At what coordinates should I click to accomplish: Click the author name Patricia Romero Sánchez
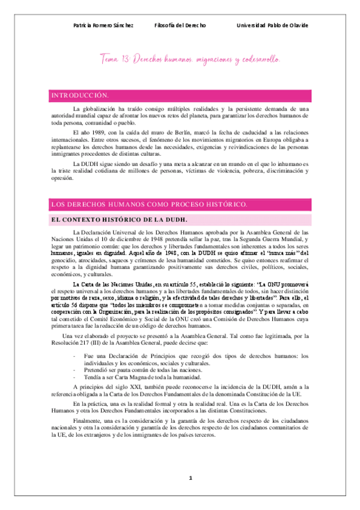(103, 25)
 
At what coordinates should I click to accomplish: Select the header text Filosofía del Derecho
(180, 25)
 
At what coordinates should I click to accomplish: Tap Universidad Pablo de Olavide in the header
(272, 25)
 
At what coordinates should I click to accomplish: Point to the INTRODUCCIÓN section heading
(80, 96)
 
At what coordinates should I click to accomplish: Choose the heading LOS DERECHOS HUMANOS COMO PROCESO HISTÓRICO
(149, 204)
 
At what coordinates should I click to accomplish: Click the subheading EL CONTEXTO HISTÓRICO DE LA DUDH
(112, 220)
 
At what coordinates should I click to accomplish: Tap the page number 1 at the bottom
(191, 478)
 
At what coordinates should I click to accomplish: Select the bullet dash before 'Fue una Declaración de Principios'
(73, 356)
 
